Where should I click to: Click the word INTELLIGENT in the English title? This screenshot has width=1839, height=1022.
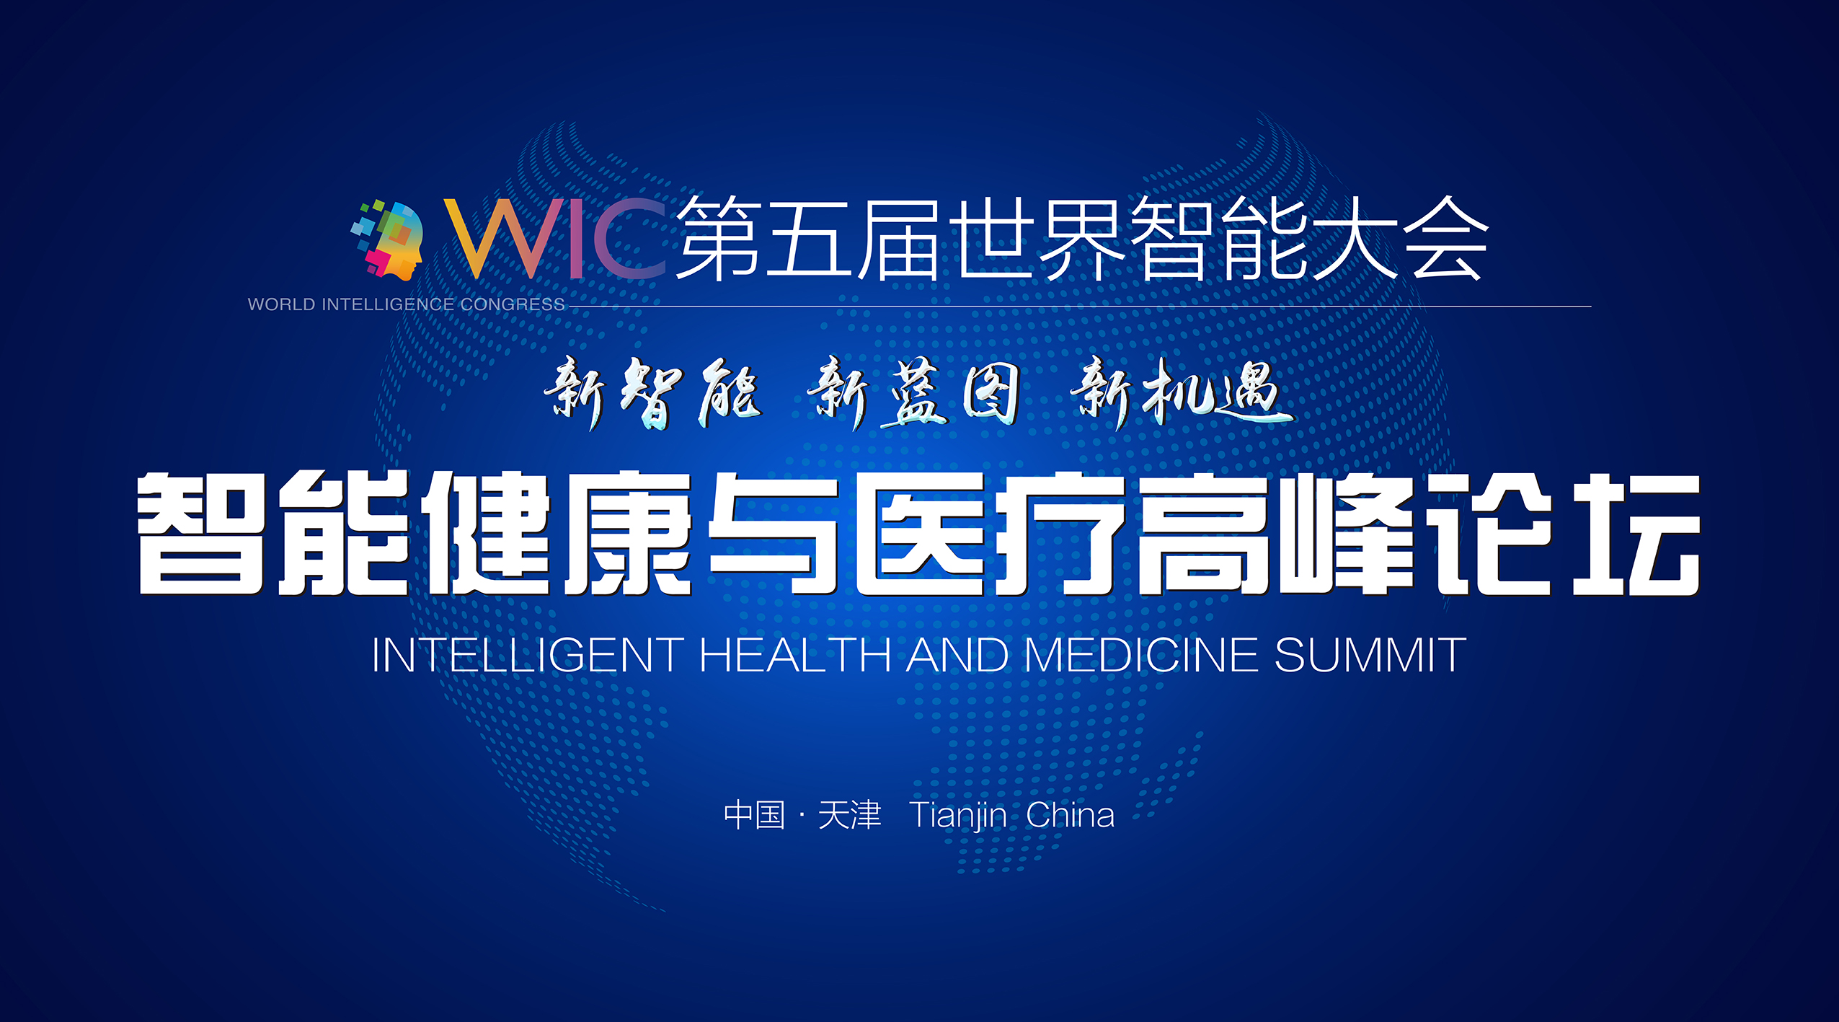(x=528, y=655)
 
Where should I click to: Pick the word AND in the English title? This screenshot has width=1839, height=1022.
(x=957, y=655)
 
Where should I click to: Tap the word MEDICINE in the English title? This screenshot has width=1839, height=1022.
(x=1141, y=655)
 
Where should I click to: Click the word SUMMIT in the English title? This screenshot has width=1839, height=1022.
(x=1370, y=655)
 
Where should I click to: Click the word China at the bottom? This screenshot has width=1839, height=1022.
(x=1071, y=815)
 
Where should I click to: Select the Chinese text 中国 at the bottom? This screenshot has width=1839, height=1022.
(x=754, y=815)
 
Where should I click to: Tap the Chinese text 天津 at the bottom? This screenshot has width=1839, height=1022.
(x=849, y=815)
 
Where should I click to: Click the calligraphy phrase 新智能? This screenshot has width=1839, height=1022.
(x=652, y=393)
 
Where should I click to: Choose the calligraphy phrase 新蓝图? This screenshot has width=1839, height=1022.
(x=914, y=393)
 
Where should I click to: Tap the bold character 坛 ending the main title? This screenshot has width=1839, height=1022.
(x=1636, y=534)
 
